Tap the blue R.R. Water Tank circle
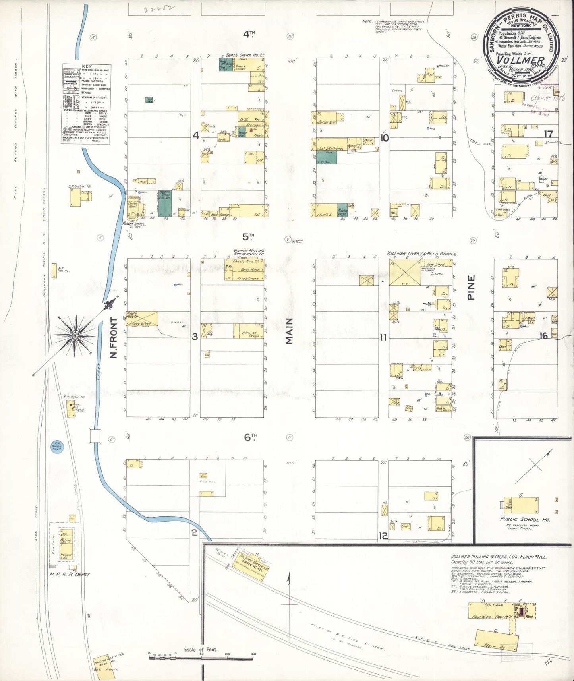click(57, 447)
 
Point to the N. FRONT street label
click(114, 337)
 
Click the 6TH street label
click(251, 437)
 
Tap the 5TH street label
click(248, 237)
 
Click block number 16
click(543, 336)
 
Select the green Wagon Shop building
click(165, 203)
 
